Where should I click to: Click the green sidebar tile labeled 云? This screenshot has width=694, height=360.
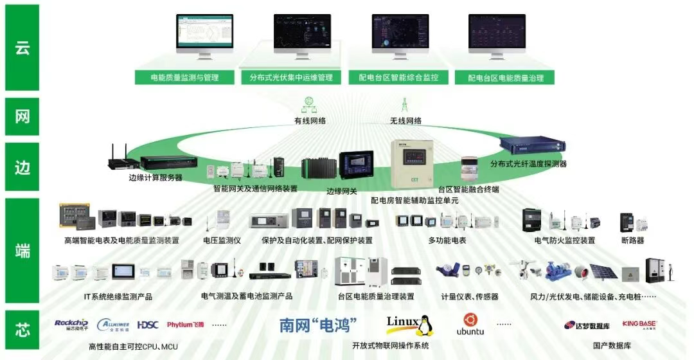coord(22,48)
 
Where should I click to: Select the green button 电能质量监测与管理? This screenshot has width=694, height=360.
coord(185,77)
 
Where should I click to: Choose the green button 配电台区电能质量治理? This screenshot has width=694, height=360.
coord(504,78)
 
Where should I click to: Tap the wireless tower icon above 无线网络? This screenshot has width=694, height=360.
coord(405,105)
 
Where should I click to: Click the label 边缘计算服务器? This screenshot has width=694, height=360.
coord(156,177)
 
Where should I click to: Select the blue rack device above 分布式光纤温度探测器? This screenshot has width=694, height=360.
coord(527,146)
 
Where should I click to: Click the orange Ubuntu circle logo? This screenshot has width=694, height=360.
coord(470,319)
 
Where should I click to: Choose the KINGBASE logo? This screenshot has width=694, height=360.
coord(639,325)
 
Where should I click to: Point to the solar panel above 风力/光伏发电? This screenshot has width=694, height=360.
coord(603,271)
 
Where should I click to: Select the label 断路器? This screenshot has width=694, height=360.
coord(632,240)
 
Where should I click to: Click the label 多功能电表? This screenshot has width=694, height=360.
coord(447,240)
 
